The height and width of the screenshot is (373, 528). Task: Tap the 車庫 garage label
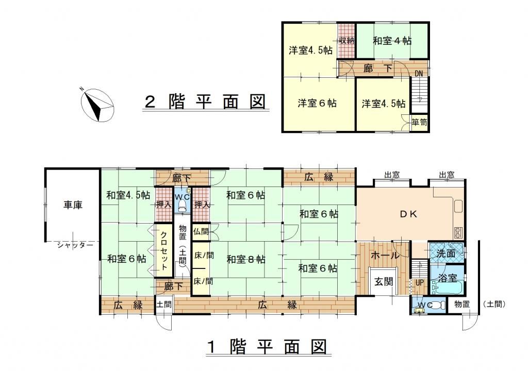72,205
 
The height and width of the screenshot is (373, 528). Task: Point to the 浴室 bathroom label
447,278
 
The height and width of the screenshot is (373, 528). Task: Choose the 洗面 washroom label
445,253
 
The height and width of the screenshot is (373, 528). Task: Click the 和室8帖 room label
245,259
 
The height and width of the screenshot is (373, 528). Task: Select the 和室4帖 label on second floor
392,40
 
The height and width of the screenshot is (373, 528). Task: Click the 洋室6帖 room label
317,103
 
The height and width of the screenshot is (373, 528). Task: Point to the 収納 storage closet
346,40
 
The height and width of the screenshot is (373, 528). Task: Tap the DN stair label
419,74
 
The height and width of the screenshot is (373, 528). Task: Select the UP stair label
419,283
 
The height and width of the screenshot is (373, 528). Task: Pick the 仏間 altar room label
200,232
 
